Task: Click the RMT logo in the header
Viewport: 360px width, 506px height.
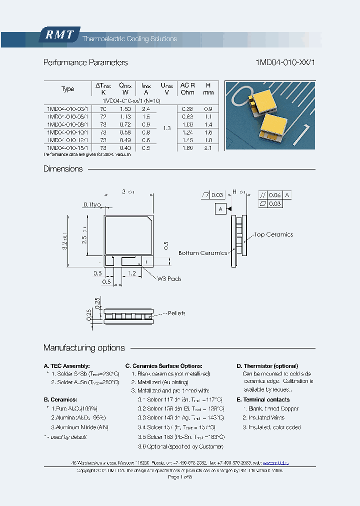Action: pyautogui.click(x=59, y=35)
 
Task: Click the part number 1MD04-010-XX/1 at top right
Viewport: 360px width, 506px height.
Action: pyautogui.click(x=284, y=62)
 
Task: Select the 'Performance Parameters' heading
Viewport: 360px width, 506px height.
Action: pyautogui.click(x=85, y=62)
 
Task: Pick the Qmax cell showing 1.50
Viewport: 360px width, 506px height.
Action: pyautogui.click(x=125, y=108)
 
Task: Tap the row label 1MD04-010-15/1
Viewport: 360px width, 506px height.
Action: pyautogui.click(x=67, y=148)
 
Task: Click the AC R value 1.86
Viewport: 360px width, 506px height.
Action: pyautogui.click(x=187, y=148)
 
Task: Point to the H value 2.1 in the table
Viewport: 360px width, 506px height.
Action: pyautogui.click(x=208, y=148)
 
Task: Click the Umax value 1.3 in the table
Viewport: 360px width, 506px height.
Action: pyautogui.click(x=167, y=128)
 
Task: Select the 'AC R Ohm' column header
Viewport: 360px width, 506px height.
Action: pyautogui.click(x=187, y=88)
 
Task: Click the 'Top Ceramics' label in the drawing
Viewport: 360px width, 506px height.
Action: pyautogui.click(x=273, y=234)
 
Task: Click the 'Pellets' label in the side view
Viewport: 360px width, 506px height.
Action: pyautogui.click(x=176, y=313)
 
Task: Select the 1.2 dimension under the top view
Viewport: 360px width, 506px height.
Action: pyautogui.click(x=132, y=273)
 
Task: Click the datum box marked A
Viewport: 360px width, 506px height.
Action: pyautogui.click(x=220, y=209)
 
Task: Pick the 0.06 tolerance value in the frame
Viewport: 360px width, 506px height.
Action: pyautogui.click(x=275, y=195)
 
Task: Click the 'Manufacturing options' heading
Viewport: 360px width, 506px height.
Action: pyautogui.click(x=84, y=347)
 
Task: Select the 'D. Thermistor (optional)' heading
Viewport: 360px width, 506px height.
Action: pyautogui.click(x=267, y=366)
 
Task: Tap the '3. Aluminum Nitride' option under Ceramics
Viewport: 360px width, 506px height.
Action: pyautogui.click(x=80, y=427)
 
